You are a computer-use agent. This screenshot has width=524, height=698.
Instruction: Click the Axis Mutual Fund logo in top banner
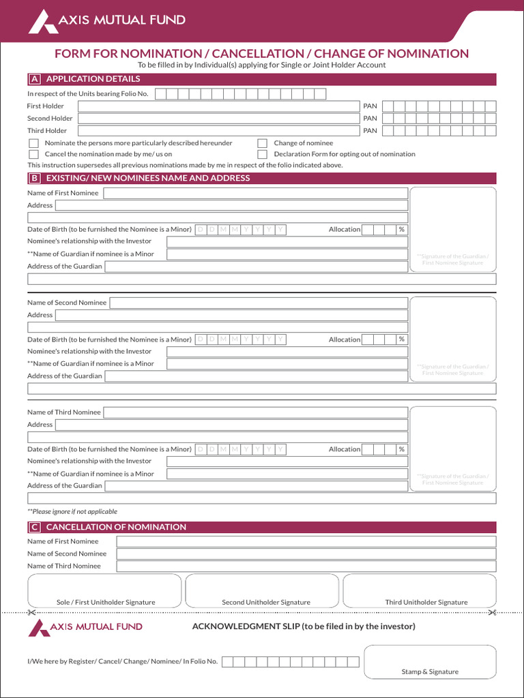pyautogui.click(x=106, y=20)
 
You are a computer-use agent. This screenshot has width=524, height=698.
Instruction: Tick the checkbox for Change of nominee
pyautogui.click(x=262, y=143)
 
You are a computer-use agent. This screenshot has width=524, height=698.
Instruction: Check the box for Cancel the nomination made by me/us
pyautogui.click(x=33, y=154)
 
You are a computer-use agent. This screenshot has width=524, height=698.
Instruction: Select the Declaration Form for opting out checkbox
pyautogui.click(x=262, y=154)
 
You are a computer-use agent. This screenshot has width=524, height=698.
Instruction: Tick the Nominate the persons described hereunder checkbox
pyautogui.click(x=33, y=143)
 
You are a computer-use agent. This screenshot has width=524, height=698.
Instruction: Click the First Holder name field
pyautogui.click(x=218, y=106)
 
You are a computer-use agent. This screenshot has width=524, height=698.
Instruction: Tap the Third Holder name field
pyautogui.click(x=218, y=130)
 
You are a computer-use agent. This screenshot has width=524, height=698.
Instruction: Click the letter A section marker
pyautogui.click(x=33, y=79)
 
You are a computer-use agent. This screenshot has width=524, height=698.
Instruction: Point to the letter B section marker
pyautogui.click(x=33, y=179)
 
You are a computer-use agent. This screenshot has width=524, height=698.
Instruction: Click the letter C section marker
pyautogui.click(x=33, y=527)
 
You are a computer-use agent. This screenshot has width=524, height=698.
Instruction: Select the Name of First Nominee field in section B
pyautogui.click(x=255, y=193)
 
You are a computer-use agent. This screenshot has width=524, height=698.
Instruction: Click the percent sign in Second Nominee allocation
pyautogui.click(x=402, y=339)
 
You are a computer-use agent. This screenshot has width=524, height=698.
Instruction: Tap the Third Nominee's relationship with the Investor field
pyautogui.click(x=287, y=461)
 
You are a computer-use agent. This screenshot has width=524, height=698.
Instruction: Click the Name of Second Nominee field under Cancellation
pyautogui.click(x=306, y=553)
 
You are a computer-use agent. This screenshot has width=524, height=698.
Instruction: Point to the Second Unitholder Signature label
pyautogui.click(x=266, y=603)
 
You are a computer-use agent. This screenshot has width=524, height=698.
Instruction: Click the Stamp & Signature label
pyautogui.click(x=430, y=672)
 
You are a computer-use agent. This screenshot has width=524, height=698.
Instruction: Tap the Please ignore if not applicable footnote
pyautogui.click(x=72, y=511)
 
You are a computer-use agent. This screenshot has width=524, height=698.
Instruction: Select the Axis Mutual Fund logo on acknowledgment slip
pyautogui.click(x=85, y=627)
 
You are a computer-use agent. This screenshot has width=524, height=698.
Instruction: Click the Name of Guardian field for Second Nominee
pyautogui.click(x=287, y=364)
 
